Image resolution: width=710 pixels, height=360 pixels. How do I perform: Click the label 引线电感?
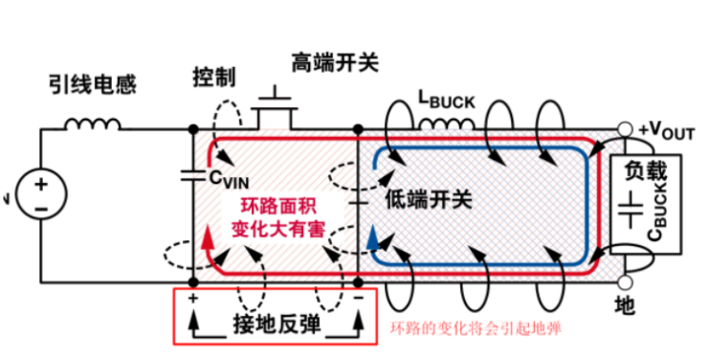(x=92, y=85)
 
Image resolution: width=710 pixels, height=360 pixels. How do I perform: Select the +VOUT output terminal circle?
(x=627, y=129)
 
